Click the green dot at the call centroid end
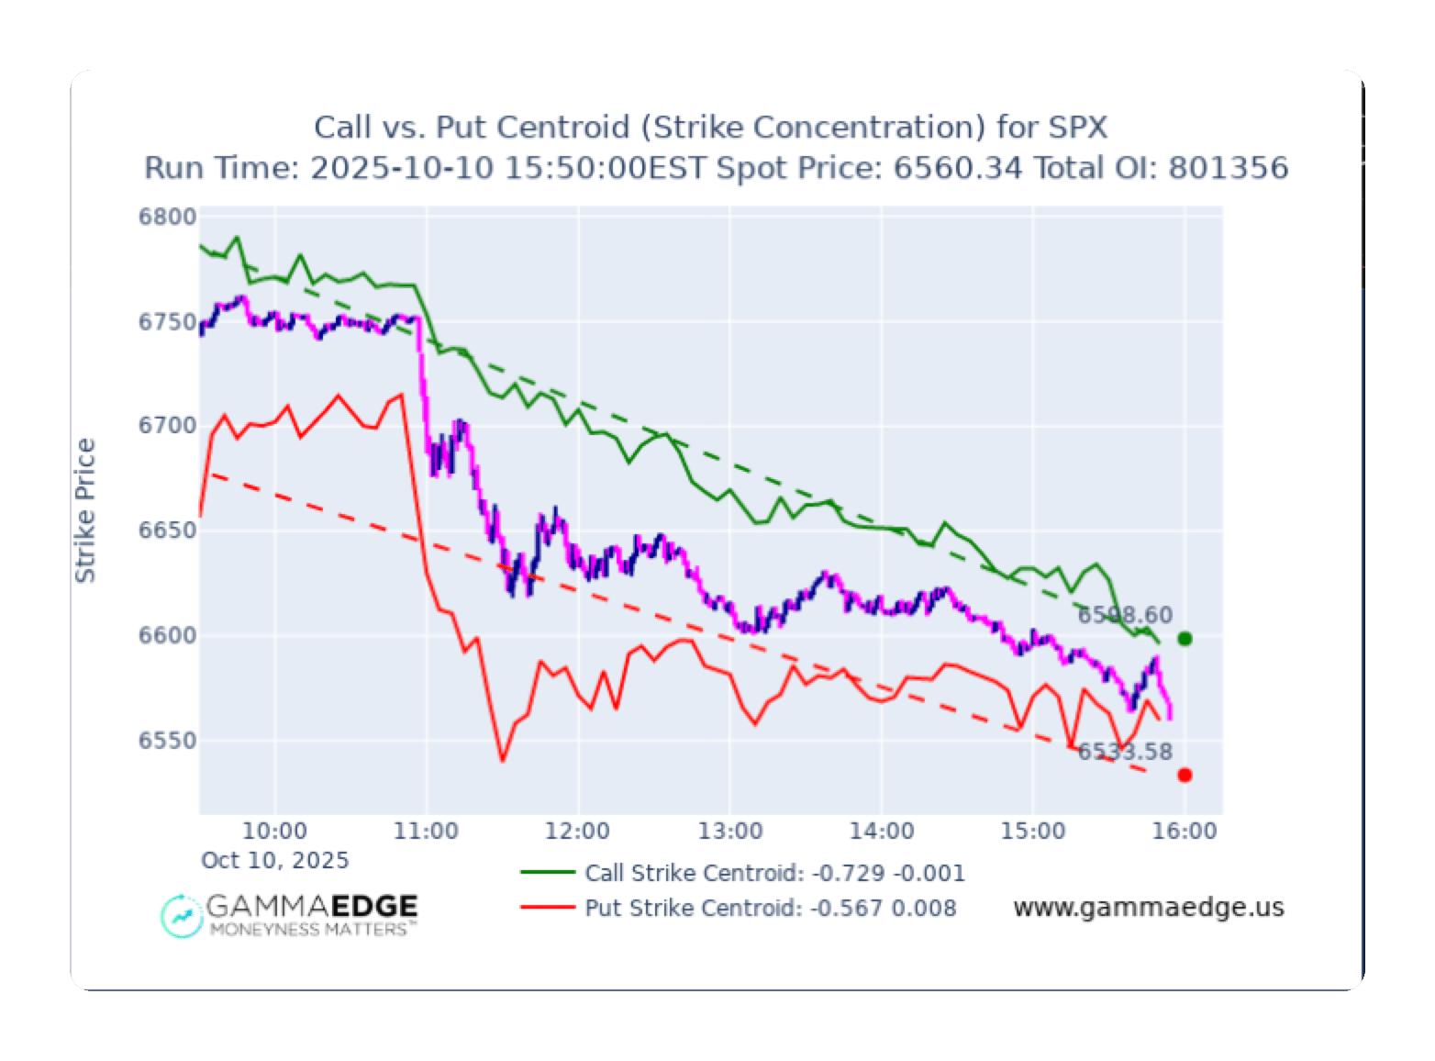1185,639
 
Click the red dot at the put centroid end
1185,776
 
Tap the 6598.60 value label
1125,615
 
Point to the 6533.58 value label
1125,752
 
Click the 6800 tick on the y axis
168,218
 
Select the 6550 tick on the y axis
168,741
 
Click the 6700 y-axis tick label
168,426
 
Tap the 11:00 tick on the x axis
426,832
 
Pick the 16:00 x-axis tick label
1185,832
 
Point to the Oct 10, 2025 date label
274,860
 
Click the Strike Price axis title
85,510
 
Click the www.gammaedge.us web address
1148,908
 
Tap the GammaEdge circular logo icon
182,915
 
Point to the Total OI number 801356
1228,168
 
